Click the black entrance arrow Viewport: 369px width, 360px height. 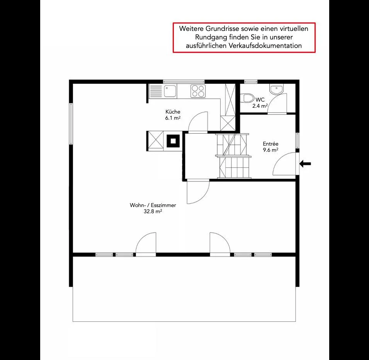click(x=305, y=163)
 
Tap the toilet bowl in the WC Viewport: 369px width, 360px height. click(x=247, y=98)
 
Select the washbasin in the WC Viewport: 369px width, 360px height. click(x=276, y=89)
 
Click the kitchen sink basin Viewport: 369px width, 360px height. click(x=170, y=91)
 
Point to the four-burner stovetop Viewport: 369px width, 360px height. click(x=198, y=91)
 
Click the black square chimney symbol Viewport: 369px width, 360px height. click(x=173, y=141)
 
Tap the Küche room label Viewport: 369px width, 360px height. click(x=173, y=112)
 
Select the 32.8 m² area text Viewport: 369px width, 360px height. click(x=153, y=211)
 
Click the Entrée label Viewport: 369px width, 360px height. click(x=270, y=144)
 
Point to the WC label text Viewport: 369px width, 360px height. click(x=260, y=100)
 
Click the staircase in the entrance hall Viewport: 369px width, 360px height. click(x=233, y=156)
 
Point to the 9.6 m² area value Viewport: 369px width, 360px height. click(x=270, y=150)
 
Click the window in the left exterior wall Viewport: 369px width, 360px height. click(x=71, y=124)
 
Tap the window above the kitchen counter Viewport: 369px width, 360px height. click(x=184, y=82)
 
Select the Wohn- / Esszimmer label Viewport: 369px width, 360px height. click(x=153, y=205)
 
